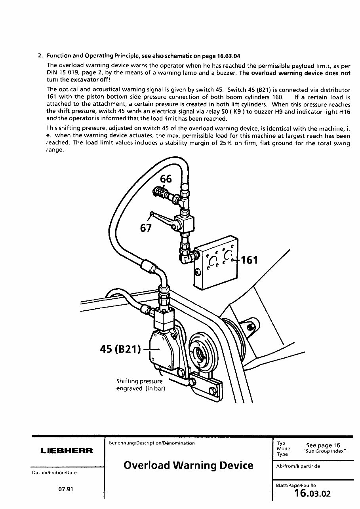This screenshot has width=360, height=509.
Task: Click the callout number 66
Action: coord(166,179)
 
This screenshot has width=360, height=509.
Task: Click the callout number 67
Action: coord(146,228)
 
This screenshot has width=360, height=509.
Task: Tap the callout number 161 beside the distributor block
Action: coord(250,260)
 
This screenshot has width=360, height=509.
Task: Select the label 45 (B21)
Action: coord(120,349)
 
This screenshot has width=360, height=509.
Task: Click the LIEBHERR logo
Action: coord(67,451)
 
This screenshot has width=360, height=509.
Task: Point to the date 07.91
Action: coord(66,489)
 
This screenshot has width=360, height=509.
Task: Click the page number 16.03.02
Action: coord(312,494)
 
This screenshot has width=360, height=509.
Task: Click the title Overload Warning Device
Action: coord(188,465)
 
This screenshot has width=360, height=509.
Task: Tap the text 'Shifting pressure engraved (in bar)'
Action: coord(140,385)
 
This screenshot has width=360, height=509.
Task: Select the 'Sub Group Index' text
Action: coord(324,451)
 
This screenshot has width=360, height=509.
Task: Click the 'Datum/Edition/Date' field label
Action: coord(54,473)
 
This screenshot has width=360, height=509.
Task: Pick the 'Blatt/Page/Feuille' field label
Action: coord(296,485)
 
